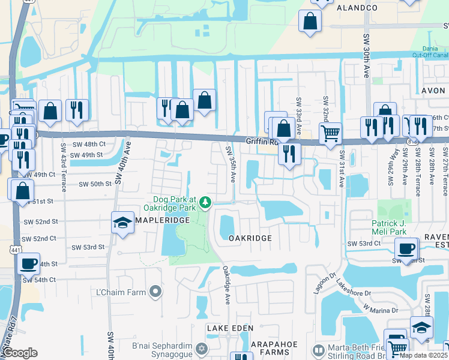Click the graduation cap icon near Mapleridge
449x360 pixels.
point(122,223)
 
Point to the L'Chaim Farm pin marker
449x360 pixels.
point(156,292)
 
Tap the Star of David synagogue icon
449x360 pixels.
point(202,349)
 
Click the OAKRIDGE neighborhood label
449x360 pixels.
point(250,238)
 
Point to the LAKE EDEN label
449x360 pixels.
point(231,328)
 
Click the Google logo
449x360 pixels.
point(20,353)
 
